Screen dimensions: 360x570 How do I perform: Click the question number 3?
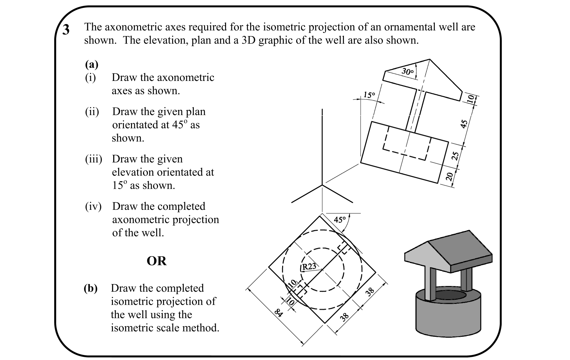[66, 30]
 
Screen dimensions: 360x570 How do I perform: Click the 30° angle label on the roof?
[408, 71]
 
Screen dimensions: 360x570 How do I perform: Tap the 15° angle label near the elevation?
[369, 95]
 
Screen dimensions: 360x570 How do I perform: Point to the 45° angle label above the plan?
[340, 220]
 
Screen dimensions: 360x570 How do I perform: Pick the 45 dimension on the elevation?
[464, 124]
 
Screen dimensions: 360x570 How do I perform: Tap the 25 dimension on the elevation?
[457, 155]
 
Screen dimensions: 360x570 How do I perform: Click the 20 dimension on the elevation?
[449, 177]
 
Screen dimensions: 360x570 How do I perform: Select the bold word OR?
[156, 261]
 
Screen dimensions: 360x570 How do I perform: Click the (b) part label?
[91, 288]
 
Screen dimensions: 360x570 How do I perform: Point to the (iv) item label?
[93, 206]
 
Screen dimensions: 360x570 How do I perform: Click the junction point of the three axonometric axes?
[322, 185]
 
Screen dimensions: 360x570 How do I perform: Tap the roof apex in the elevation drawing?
[429, 59]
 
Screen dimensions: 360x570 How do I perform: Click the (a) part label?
[92, 64]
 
